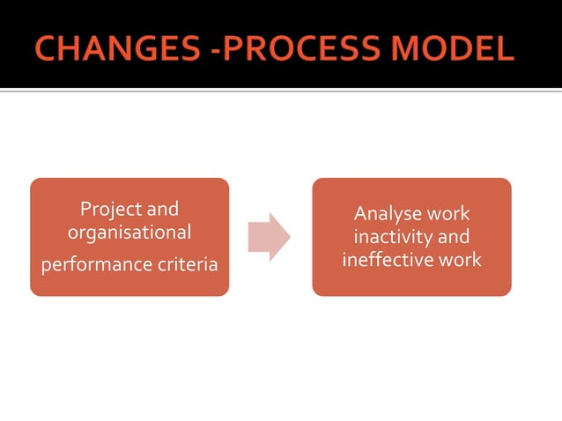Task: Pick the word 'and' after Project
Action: (x=162, y=210)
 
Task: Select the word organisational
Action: (x=129, y=233)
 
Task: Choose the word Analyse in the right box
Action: (x=385, y=214)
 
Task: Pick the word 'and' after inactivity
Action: (x=453, y=237)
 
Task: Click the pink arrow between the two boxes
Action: (x=268, y=237)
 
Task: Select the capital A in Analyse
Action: (x=359, y=214)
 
